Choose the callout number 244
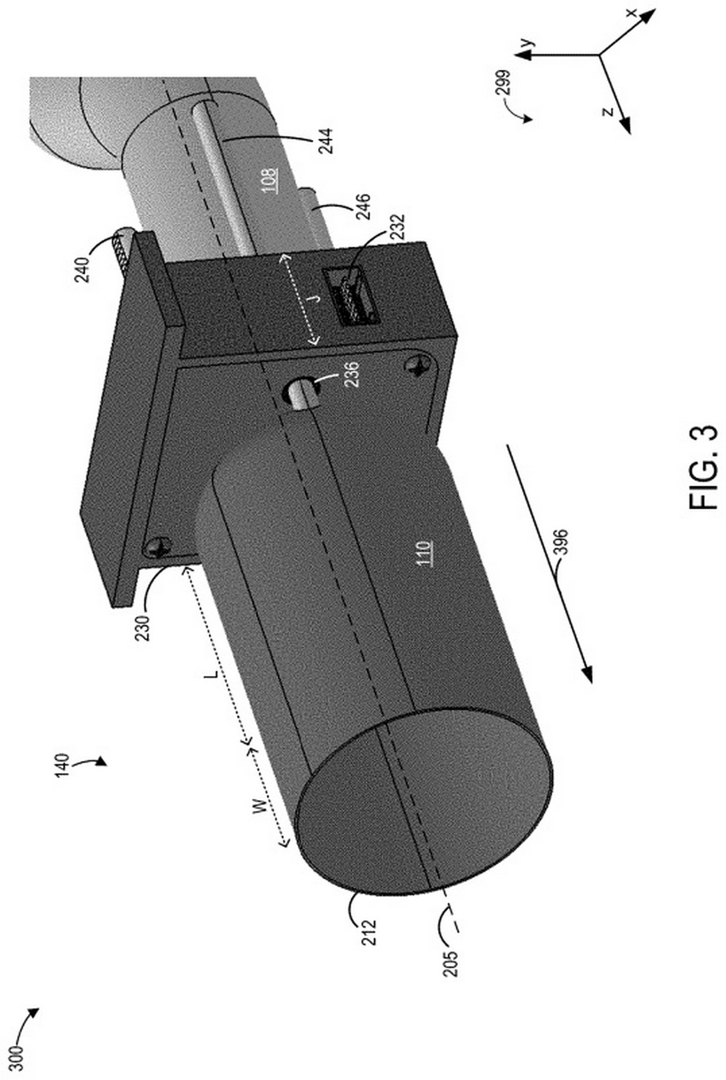click(x=326, y=141)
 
